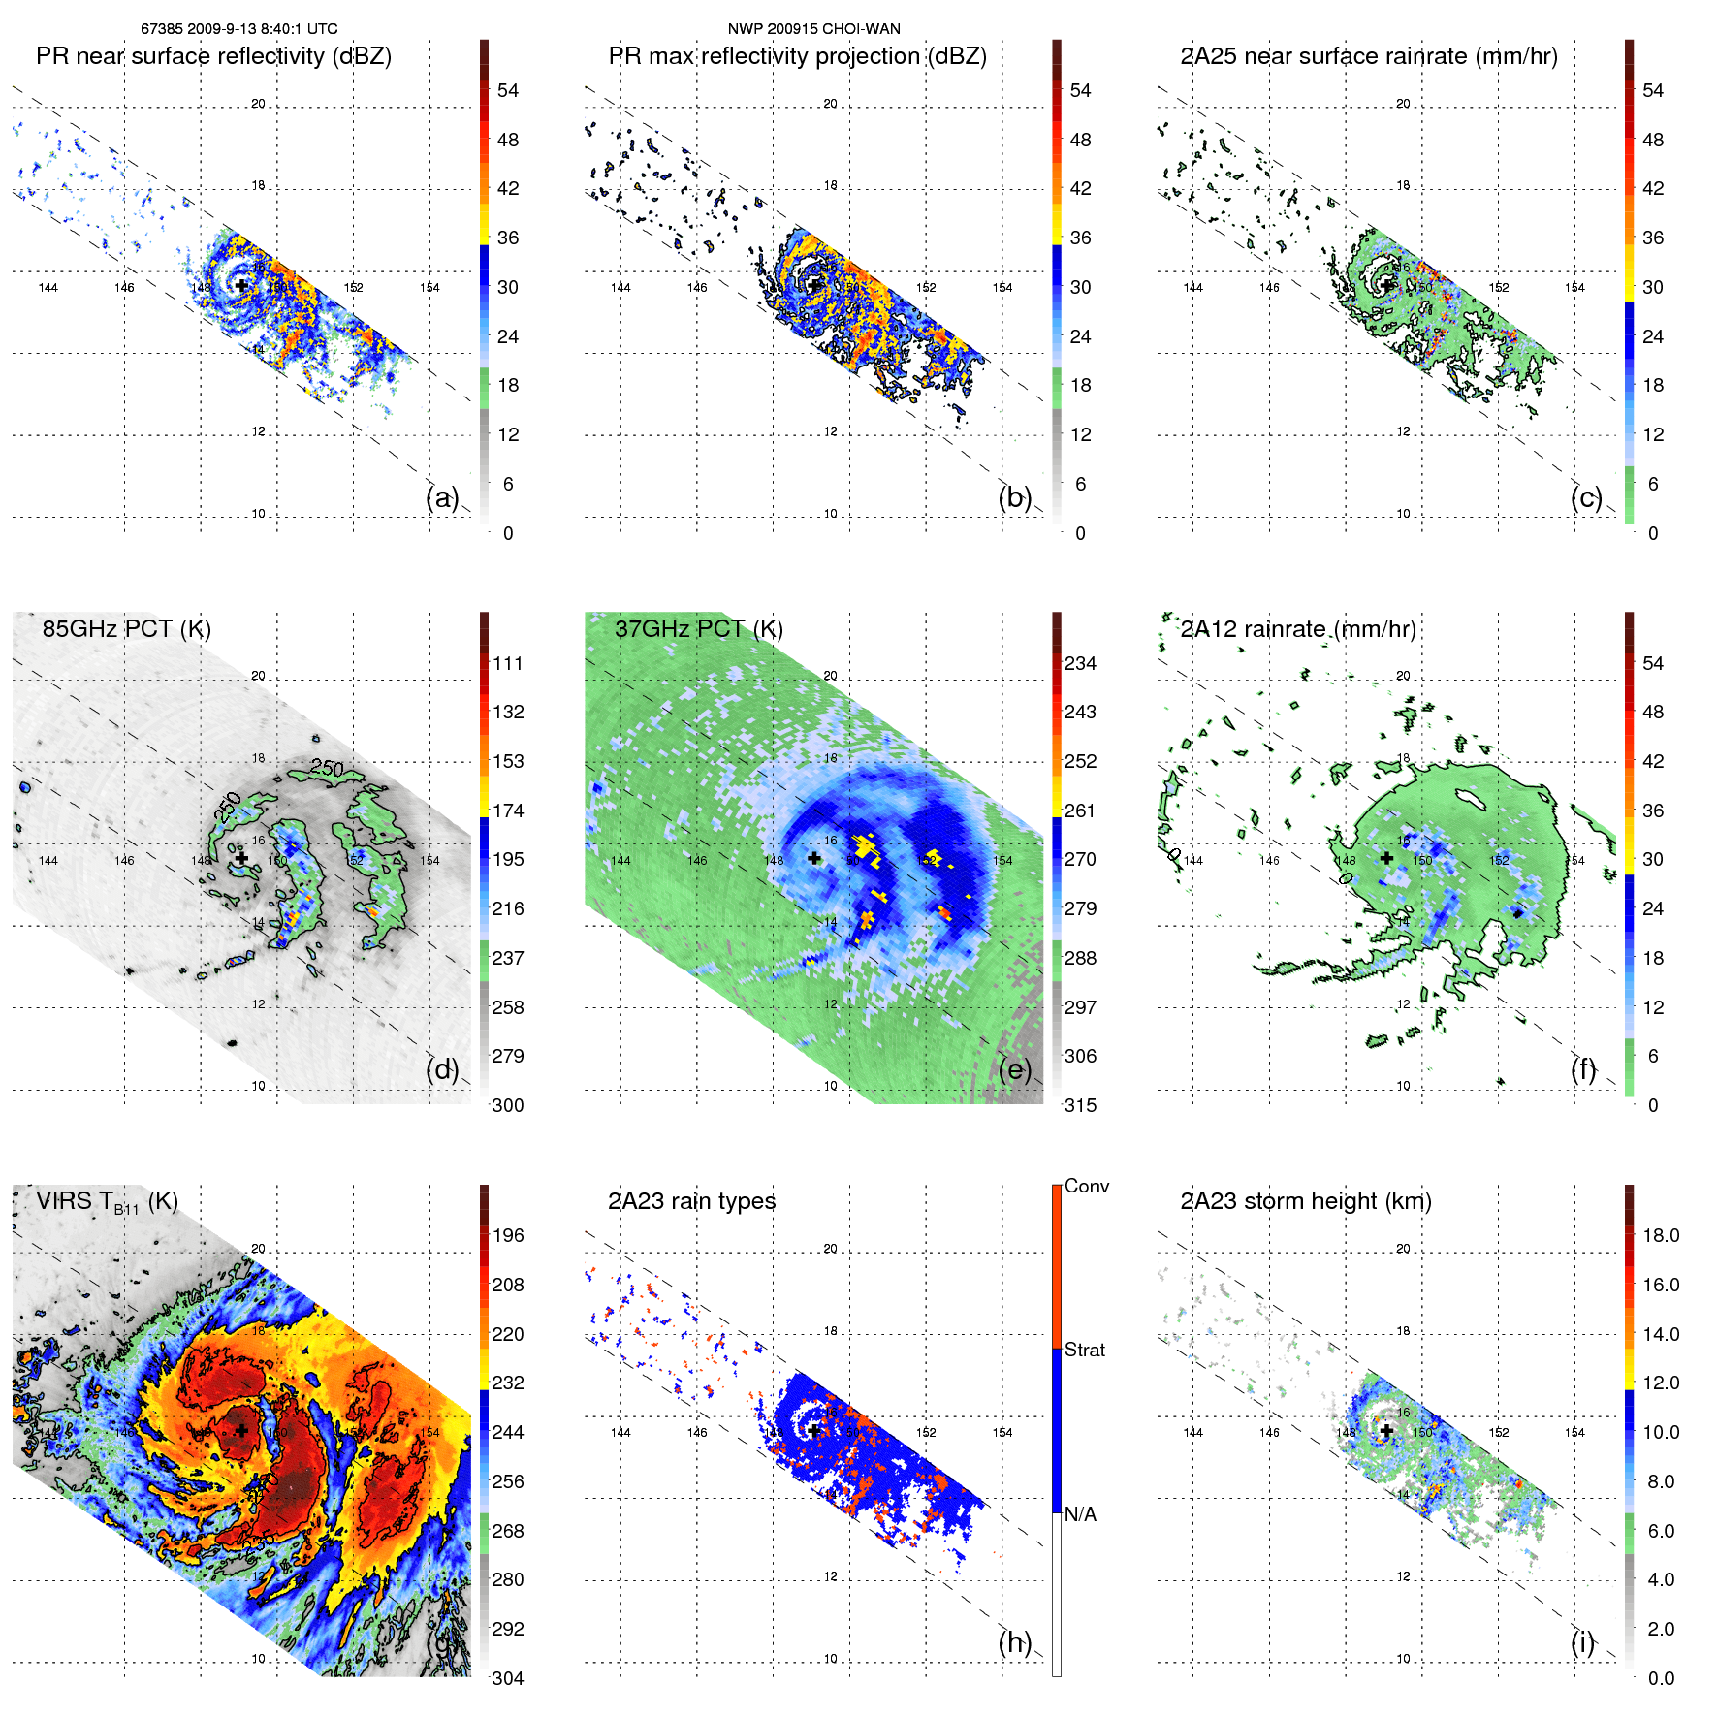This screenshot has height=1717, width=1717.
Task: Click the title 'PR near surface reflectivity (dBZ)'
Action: coord(213,56)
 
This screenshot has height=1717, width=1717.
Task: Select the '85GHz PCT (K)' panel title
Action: coord(126,629)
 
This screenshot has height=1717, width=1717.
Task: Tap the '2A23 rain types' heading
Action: coord(691,1201)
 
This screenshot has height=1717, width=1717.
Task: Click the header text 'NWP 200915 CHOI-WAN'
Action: coord(813,29)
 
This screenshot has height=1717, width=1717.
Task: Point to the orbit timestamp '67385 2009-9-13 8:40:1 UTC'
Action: coord(239,29)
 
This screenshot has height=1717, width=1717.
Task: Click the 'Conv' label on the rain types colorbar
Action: coord(1086,1186)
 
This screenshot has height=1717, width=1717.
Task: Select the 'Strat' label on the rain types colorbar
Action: coord(1084,1350)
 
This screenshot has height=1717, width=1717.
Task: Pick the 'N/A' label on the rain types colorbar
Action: coord(1080,1514)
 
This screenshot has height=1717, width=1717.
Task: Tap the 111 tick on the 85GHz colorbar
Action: coord(507,663)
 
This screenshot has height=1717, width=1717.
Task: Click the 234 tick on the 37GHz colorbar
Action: coord(1080,663)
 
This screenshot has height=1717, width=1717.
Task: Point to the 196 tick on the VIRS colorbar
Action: coord(507,1235)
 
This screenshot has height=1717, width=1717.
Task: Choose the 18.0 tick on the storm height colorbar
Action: coord(1660,1235)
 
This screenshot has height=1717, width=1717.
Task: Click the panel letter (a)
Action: coord(442,498)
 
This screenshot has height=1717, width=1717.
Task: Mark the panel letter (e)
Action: coord(1015,1070)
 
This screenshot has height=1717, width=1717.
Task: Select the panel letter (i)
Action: coord(1582,1642)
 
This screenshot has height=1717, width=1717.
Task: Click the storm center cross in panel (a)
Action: coord(241,285)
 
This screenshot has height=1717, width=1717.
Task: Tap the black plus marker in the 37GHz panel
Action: coord(814,858)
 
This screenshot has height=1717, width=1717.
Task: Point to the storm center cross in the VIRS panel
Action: coord(241,1430)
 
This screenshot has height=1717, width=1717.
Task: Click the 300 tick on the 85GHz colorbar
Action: coord(507,1105)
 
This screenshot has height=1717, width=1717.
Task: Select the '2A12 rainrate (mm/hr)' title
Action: coord(1297,629)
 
